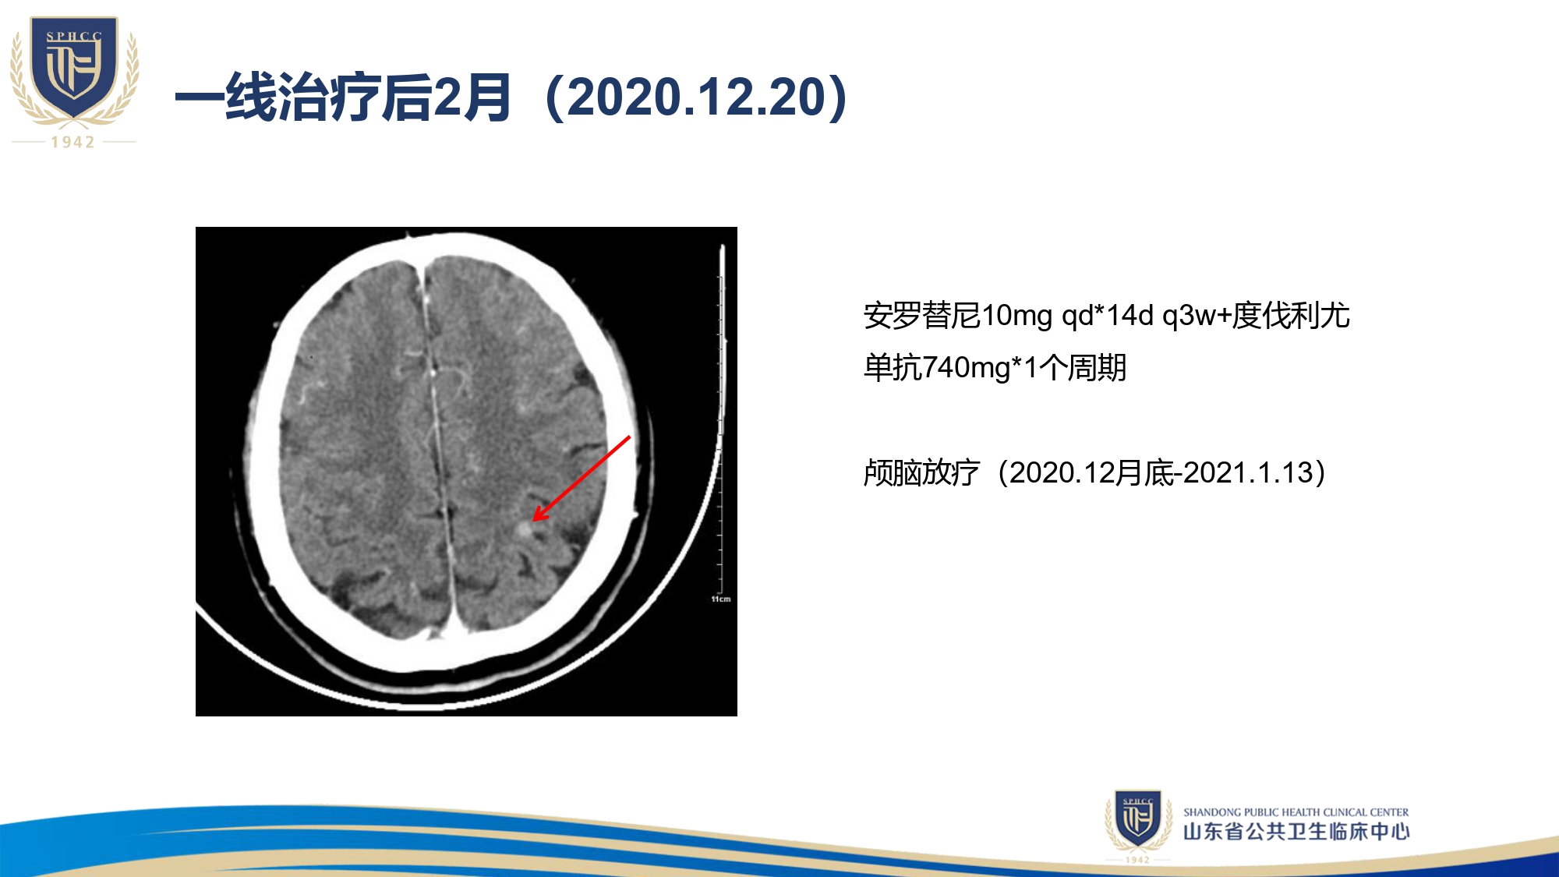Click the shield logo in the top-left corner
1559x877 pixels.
(74, 69)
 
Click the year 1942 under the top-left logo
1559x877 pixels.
(73, 142)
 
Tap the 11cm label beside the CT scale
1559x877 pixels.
(721, 599)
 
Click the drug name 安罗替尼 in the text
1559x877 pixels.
(921, 316)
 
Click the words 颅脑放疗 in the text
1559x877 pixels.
(921, 473)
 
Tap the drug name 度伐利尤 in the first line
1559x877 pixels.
(1291, 316)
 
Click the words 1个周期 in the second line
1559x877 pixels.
(1075, 367)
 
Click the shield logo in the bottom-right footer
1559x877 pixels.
(1138, 819)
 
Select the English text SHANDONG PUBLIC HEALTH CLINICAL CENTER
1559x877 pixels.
(1296, 812)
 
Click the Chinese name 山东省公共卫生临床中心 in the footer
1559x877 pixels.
(1296, 832)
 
